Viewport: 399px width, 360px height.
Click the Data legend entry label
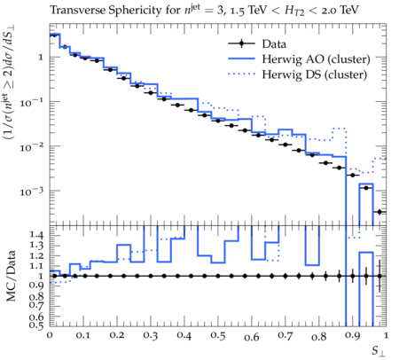coord(274,44)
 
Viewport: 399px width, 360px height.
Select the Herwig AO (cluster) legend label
coord(316,59)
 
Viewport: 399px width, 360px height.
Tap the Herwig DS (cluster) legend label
coord(315,74)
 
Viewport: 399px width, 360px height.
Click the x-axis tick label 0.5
coord(218,335)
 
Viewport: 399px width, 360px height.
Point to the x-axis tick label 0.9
coord(352,335)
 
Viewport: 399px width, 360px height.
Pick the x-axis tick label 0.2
coord(117,335)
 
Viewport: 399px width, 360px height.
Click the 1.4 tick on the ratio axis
coord(36,235)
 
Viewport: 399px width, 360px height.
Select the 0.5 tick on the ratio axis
coord(36,325)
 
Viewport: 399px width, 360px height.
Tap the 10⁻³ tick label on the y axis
coord(32,192)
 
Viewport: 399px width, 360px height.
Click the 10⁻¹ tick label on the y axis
coord(32,102)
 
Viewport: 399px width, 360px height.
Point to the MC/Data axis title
coord(11,276)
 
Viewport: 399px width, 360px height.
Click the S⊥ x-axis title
coord(379,351)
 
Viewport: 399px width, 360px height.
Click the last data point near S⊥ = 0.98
coord(379,212)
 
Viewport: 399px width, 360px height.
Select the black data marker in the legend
coord(241,43)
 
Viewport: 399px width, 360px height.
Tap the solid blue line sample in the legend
coord(241,59)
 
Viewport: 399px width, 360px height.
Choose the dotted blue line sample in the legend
coord(241,74)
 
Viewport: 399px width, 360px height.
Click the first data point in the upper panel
coord(54,35)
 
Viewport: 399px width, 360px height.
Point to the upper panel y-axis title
coord(10,82)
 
